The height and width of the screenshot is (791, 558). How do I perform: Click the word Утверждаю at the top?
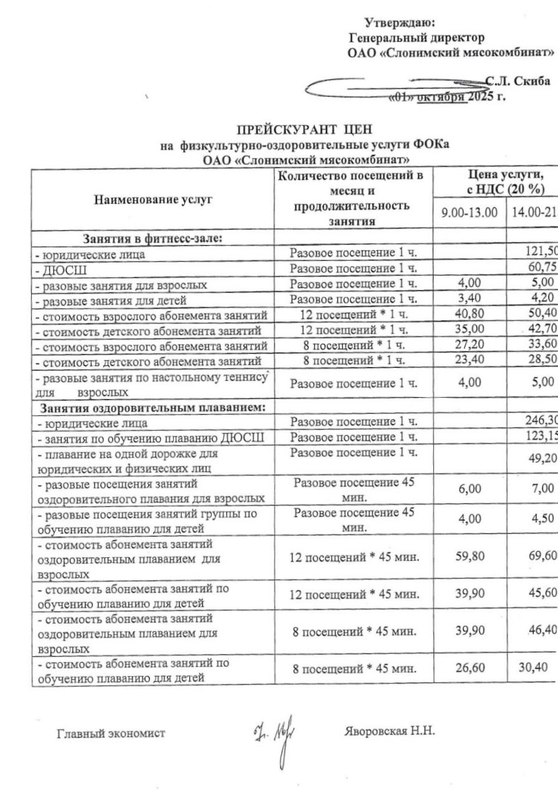(x=399, y=23)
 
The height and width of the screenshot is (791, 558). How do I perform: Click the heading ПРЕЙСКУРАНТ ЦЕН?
(x=304, y=130)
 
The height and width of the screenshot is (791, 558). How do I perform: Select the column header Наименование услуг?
(x=153, y=199)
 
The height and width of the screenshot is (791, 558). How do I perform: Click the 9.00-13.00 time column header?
(x=469, y=212)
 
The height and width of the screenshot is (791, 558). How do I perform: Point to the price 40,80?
(x=469, y=314)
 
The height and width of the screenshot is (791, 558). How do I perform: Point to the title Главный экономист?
(x=111, y=733)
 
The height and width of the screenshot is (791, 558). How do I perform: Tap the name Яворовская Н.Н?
(x=389, y=731)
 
